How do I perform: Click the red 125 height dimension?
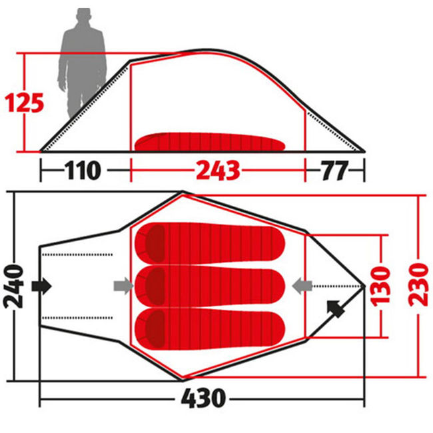pos(24,103)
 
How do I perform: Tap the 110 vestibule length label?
pos(83,170)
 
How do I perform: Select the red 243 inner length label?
pos(218,171)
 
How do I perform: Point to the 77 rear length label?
pos(334,171)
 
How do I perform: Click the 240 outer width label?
pos(13,286)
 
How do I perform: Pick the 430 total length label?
pos(204,398)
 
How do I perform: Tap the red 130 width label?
pos(381,286)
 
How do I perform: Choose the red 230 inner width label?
pos(418,284)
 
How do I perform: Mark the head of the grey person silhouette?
pos(83,16)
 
